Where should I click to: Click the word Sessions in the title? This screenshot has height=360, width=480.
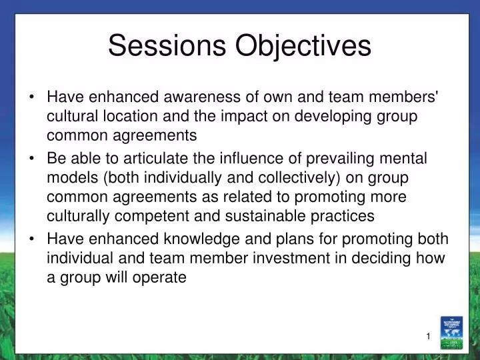[166, 45]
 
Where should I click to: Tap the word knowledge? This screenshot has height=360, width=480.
[191, 239]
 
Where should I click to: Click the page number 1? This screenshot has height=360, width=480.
[429, 336]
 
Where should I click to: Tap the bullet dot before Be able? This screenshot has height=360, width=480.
[33, 159]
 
